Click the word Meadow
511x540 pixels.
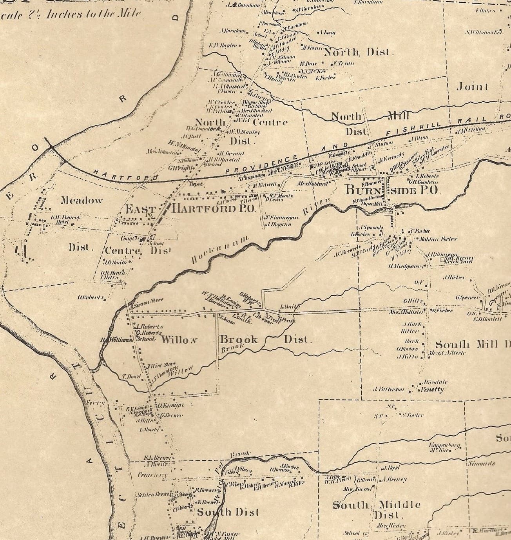coord(82,201)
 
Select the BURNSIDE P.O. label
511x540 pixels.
coord(393,190)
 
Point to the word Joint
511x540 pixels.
coord(473,87)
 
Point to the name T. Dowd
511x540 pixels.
coord(129,377)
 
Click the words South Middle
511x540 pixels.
coord(376,505)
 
